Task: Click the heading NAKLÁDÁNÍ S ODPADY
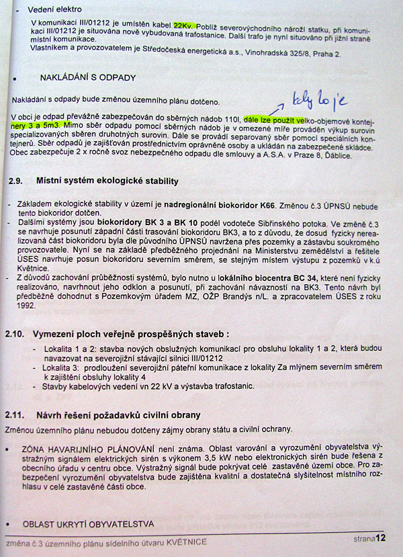(88, 78)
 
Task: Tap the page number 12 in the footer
(381, 538)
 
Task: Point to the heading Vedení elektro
(55, 9)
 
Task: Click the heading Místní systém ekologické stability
(107, 181)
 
